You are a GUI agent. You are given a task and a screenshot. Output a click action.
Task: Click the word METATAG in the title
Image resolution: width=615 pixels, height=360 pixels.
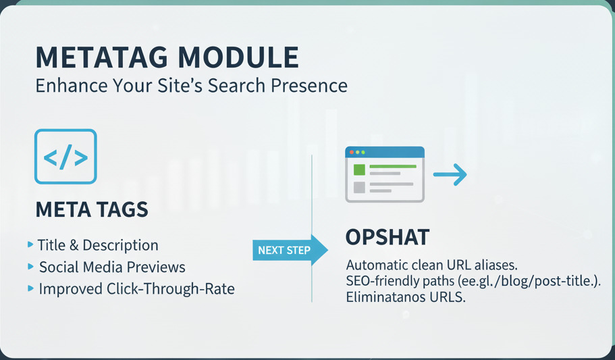[101, 57]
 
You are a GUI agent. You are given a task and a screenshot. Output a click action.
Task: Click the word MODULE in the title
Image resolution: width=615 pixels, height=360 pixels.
[238, 57]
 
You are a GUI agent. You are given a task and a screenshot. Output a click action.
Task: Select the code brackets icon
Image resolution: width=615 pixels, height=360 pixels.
[65, 157]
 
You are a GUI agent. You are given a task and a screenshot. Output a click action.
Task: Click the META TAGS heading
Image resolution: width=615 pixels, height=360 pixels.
[92, 209]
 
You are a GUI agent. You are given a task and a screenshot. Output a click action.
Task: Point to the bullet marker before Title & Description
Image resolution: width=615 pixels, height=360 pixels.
[30, 245]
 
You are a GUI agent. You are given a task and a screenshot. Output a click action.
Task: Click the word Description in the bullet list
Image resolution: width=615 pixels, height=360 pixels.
[120, 245]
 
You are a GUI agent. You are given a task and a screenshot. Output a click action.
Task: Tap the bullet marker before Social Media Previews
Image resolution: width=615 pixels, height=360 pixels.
[30, 267]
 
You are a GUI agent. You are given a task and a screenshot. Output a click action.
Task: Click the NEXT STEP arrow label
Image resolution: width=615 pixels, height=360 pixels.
[290, 250]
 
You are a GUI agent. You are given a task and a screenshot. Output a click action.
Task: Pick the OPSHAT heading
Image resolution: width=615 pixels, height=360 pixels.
[387, 237]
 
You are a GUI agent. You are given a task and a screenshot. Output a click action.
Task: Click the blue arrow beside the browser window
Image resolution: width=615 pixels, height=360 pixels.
[450, 174]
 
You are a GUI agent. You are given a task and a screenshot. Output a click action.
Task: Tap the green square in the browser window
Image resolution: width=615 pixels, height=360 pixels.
[359, 170]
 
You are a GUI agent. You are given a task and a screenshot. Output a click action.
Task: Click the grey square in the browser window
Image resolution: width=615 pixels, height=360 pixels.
[359, 187]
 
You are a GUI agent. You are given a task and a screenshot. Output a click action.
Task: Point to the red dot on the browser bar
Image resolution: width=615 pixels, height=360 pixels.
[352, 152]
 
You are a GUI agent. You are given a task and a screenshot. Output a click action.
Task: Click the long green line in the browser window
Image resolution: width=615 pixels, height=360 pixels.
[393, 166]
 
